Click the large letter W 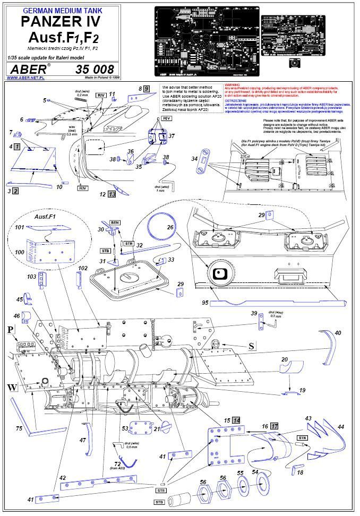tap(12, 387)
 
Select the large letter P tap(10, 330)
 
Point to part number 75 tap(19, 428)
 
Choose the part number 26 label tap(171, 227)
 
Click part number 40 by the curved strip tap(338, 333)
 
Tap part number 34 tap(194, 159)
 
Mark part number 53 tap(125, 428)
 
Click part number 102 tap(82, 269)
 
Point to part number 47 tap(82, 440)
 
